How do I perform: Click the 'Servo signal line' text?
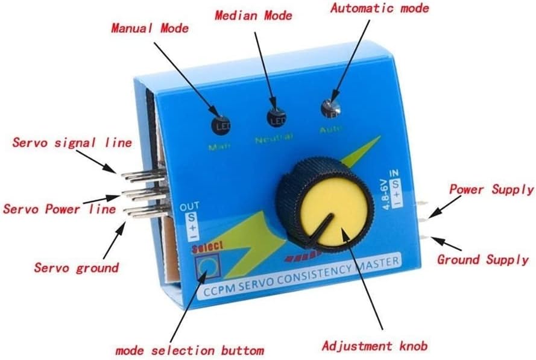72,143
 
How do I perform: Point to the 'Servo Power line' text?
58,209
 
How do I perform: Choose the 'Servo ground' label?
76,267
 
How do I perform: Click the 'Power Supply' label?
491,189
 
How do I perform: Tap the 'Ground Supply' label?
483,259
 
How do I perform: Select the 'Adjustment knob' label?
374,346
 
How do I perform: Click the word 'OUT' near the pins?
186,208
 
